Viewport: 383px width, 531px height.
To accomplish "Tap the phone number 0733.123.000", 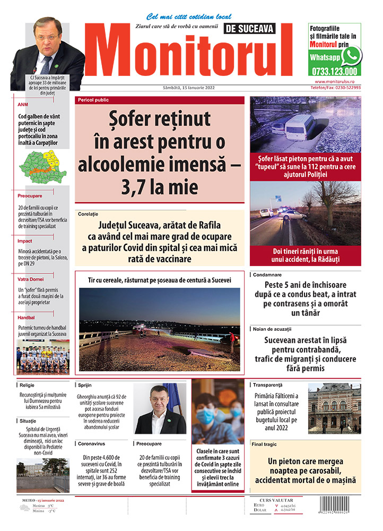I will coord(334,71).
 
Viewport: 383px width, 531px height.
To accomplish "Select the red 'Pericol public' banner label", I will coord(93,100).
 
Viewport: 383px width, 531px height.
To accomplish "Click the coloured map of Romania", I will coord(42,163).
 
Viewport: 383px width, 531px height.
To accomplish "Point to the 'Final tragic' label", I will coord(264,444).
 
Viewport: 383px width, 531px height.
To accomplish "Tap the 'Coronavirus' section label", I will coord(90,443).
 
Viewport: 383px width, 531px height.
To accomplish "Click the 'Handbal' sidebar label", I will coord(26,318).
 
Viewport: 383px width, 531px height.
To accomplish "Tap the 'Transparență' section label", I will coord(268,384).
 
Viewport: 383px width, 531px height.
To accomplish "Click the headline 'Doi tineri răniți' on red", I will coord(305,255).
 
